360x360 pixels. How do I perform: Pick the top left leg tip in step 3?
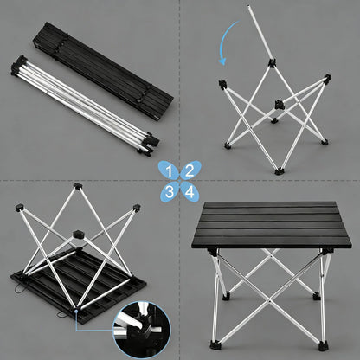(x=19, y=207)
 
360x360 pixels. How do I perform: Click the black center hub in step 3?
(x=77, y=233)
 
